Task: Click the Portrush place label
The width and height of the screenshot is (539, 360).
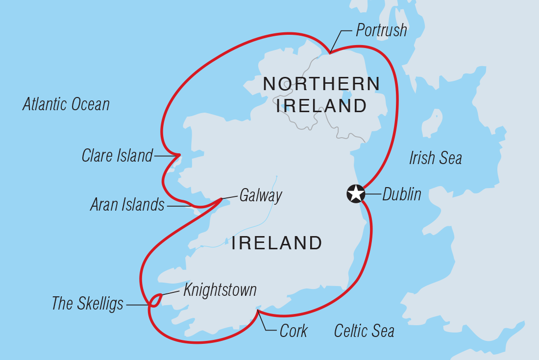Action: (x=381, y=30)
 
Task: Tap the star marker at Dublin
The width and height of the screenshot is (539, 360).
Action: (x=356, y=193)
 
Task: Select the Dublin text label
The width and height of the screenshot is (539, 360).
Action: (x=401, y=194)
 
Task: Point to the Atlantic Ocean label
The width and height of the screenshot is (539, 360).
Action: (x=66, y=104)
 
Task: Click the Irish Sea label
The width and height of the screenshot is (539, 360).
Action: (x=435, y=158)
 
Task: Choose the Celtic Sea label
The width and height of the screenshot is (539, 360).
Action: (x=364, y=331)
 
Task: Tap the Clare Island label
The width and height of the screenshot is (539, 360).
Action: (x=117, y=156)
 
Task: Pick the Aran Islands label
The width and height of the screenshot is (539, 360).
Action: (x=127, y=205)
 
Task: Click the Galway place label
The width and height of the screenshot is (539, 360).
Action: (x=260, y=196)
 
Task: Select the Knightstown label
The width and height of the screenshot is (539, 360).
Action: (x=220, y=290)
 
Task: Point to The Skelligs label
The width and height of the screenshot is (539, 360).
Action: (x=87, y=304)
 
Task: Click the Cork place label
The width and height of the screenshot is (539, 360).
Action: (x=293, y=331)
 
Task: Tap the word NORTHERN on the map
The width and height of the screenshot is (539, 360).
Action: (x=321, y=84)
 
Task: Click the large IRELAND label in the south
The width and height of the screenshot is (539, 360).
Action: (x=276, y=243)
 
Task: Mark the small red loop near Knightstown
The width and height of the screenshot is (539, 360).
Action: (x=155, y=299)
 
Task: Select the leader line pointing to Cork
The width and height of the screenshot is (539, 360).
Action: (x=264, y=322)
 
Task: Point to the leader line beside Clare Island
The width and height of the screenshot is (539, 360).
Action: (x=166, y=156)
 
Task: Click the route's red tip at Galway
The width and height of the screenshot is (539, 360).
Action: (x=221, y=198)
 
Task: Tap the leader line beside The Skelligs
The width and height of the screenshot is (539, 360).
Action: (x=137, y=304)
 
